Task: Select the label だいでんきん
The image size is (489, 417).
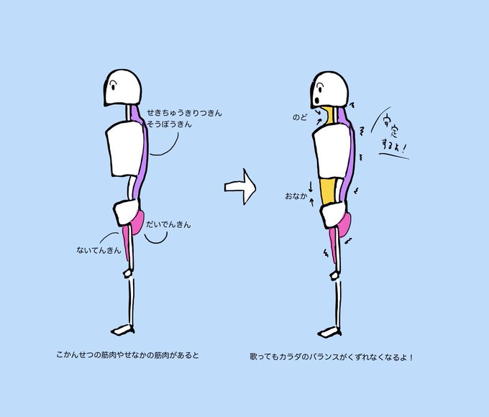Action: click(x=168, y=225)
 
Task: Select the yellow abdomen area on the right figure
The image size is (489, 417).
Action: click(x=328, y=191)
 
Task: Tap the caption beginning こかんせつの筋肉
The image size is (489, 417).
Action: click(x=126, y=355)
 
